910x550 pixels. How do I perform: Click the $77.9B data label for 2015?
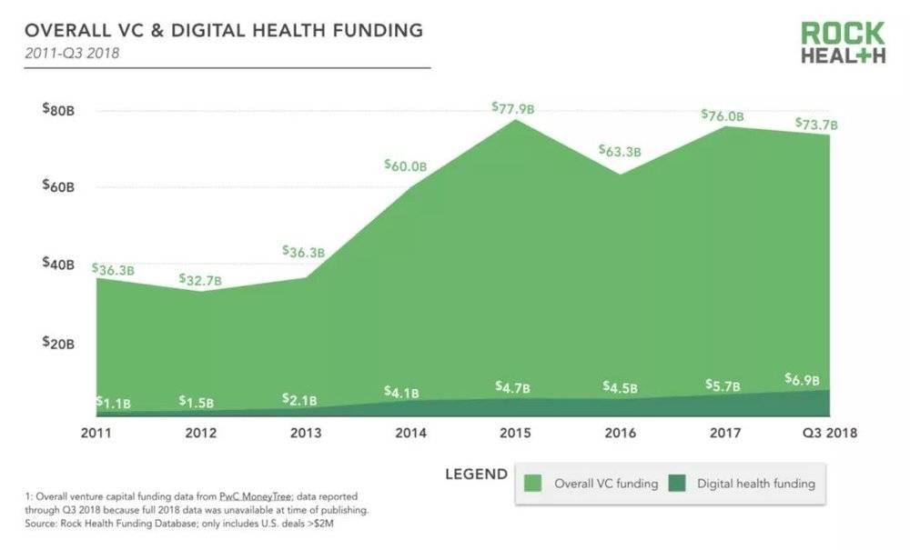point(513,108)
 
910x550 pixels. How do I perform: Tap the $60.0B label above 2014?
point(405,166)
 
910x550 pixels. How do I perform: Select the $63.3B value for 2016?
point(619,152)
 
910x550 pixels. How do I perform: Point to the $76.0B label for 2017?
point(723,115)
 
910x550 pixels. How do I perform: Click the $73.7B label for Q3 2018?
point(816,124)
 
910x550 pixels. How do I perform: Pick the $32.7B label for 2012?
point(200,280)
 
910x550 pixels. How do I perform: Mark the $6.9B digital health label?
point(802,379)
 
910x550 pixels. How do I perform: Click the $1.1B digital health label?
point(113,402)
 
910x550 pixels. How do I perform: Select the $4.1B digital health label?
point(401,393)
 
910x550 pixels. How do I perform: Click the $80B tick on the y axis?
point(58,110)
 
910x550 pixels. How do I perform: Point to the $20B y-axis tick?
point(58,343)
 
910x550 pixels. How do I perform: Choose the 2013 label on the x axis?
point(305,433)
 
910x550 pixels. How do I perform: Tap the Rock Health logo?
point(842,44)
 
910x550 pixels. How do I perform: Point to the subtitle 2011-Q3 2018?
point(72,53)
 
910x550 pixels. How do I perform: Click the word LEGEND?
point(476,474)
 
